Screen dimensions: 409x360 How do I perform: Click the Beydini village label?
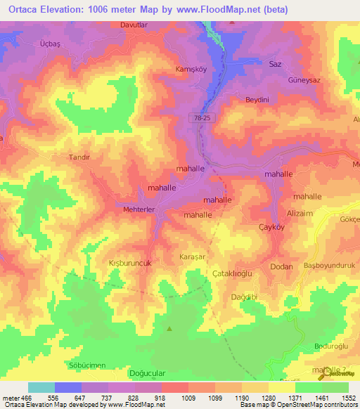(x=257, y=100)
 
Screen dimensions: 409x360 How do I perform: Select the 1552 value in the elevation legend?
(x=349, y=398)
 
